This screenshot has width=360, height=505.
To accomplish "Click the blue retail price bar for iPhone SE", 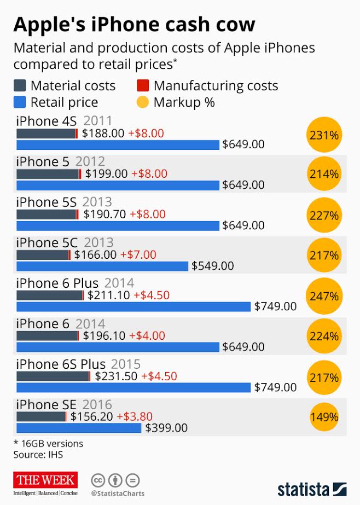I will [x=79, y=428].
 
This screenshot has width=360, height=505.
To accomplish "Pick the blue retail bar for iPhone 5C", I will [x=102, y=266].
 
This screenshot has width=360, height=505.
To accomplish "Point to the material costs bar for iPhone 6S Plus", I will [x=53, y=376].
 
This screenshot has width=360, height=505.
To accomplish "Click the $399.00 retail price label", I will [x=166, y=428].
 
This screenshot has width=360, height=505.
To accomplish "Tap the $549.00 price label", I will [x=212, y=266].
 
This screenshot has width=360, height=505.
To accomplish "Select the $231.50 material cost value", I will [x=116, y=376].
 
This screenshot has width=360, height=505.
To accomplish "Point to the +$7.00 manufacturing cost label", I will [x=138, y=254].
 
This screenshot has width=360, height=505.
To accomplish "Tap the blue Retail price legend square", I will [x=19, y=102].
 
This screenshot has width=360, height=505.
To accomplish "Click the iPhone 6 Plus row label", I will [x=57, y=283].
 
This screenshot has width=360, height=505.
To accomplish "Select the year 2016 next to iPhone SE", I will [x=97, y=405].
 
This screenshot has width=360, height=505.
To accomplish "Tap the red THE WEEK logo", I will [x=47, y=480].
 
